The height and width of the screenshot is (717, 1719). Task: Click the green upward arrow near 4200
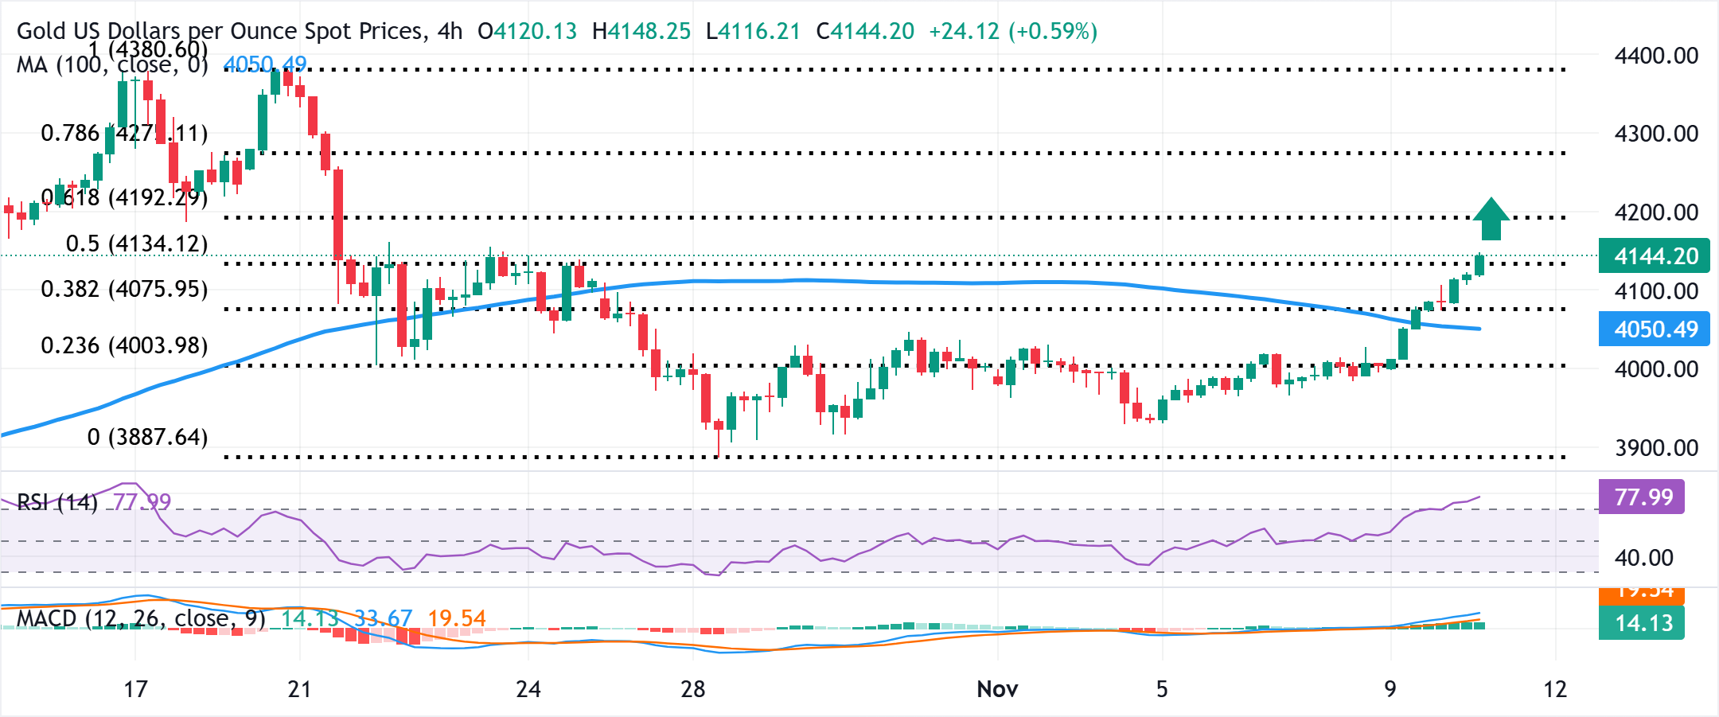(x=1491, y=219)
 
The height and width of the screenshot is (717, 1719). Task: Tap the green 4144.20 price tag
(x=1654, y=256)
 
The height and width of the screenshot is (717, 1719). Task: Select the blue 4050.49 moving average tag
(x=1654, y=329)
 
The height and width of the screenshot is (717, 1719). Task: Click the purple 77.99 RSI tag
(x=1642, y=497)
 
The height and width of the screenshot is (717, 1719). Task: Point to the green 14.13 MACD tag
(x=1642, y=623)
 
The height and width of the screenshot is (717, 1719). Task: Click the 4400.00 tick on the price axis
(x=1656, y=56)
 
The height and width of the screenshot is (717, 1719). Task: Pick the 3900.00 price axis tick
(x=1656, y=448)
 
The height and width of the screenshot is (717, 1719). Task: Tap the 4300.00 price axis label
(x=1656, y=134)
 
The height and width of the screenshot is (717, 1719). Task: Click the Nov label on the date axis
(x=997, y=689)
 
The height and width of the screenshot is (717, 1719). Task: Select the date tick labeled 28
(x=692, y=689)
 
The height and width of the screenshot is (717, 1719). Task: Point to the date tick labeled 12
(x=1555, y=689)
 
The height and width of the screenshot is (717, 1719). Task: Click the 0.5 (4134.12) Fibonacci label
(x=136, y=244)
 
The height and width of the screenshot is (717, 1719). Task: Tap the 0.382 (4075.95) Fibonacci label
(x=124, y=289)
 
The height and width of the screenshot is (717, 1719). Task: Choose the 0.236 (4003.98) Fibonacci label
(x=124, y=345)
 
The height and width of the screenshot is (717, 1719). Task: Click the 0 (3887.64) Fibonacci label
(x=147, y=437)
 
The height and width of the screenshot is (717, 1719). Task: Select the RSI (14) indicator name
(x=57, y=502)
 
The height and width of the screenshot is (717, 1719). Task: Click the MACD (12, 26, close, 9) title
(x=141, y=618)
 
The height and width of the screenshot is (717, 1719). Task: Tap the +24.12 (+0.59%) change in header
(x=1012, y=31)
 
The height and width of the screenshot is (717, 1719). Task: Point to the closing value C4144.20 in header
(x=865, y=31)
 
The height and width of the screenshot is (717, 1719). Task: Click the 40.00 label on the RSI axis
(x=1643, y=558)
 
